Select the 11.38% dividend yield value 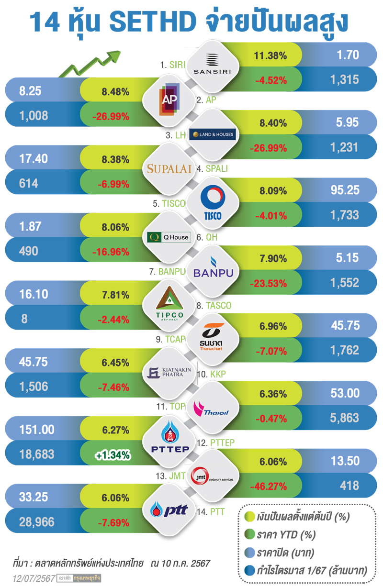point(270,55)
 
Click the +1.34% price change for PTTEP point(113,455)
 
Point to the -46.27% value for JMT point(268,487)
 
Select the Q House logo point(169,237)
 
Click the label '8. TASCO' point(214,305)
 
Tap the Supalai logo point(169,168)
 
